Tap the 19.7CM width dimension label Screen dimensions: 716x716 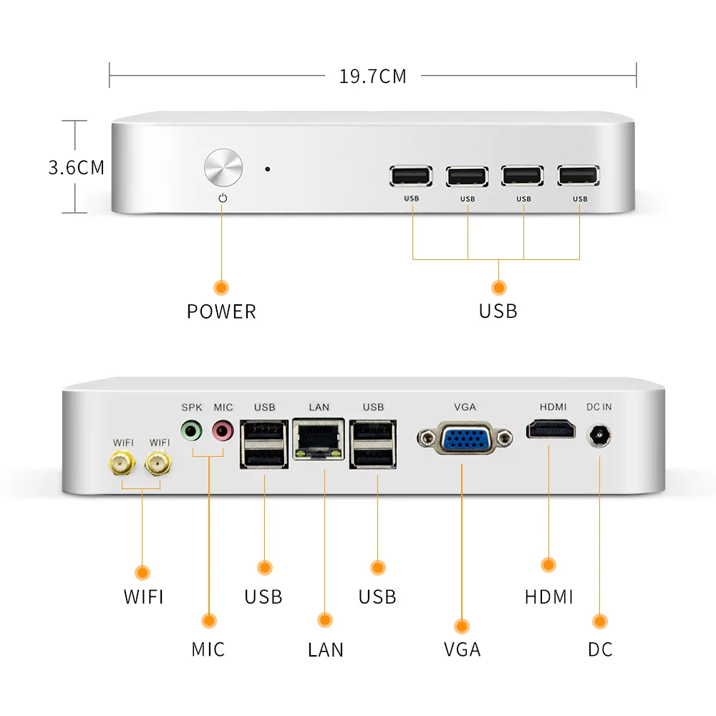tap(372, 76)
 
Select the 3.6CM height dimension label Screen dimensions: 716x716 tap(76, 168)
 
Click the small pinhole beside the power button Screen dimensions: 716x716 tap(268, 170)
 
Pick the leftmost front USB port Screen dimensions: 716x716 tap(412, 177)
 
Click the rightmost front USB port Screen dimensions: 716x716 tap(579, 176)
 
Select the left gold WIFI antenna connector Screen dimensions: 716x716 tap(122, 466)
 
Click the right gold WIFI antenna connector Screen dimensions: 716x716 tap(159, 466)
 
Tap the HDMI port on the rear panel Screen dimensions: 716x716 tap(552, 430)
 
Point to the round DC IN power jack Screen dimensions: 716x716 tap(598, 435)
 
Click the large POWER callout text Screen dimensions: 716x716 tap(221, 311)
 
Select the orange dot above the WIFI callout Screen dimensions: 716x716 tap(142, 572)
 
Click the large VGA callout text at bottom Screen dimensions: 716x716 tap(462, 649)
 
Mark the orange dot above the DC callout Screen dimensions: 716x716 tap(600, 621)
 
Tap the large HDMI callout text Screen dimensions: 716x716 tap(549, 596)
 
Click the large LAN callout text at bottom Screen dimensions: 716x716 tap(326, 649)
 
